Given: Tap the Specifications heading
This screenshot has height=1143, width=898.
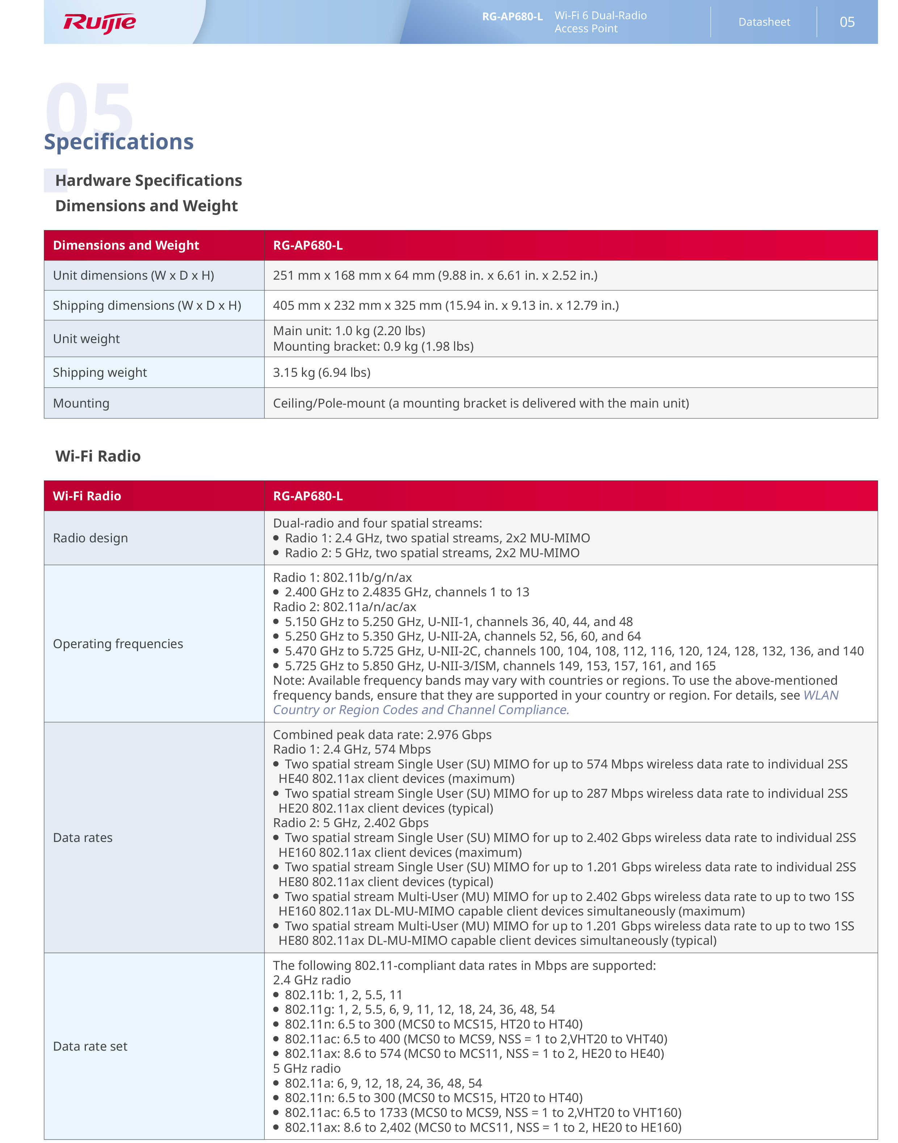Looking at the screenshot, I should click(119, 142).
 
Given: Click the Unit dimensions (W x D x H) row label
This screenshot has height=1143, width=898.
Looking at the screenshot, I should click(134, 276).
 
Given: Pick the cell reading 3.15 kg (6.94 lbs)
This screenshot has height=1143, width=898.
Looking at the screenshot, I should click(321, 372).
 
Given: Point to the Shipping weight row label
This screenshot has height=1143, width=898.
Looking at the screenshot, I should click(100, 372).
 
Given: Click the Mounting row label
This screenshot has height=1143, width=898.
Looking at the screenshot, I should click(81, 404).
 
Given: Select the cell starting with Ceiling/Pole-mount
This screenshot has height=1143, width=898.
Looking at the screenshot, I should click(481, 404).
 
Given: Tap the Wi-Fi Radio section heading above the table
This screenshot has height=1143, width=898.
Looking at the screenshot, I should click(98, 456).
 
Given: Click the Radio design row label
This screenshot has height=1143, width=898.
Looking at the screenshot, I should click(91, 538).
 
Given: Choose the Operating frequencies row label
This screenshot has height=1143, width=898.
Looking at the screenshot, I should click(118, 644).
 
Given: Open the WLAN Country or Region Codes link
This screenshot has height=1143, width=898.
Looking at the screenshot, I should click(421, 710).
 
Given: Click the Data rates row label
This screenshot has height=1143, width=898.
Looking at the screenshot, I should click(83, 838).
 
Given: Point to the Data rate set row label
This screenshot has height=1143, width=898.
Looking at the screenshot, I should click(90, 1046).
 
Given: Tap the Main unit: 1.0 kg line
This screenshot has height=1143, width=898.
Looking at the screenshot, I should click(349, 331).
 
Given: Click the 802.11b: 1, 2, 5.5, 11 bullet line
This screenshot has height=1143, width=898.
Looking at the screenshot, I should click(343, 995).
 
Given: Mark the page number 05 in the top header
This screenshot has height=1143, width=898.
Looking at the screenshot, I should click(847, 22).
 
